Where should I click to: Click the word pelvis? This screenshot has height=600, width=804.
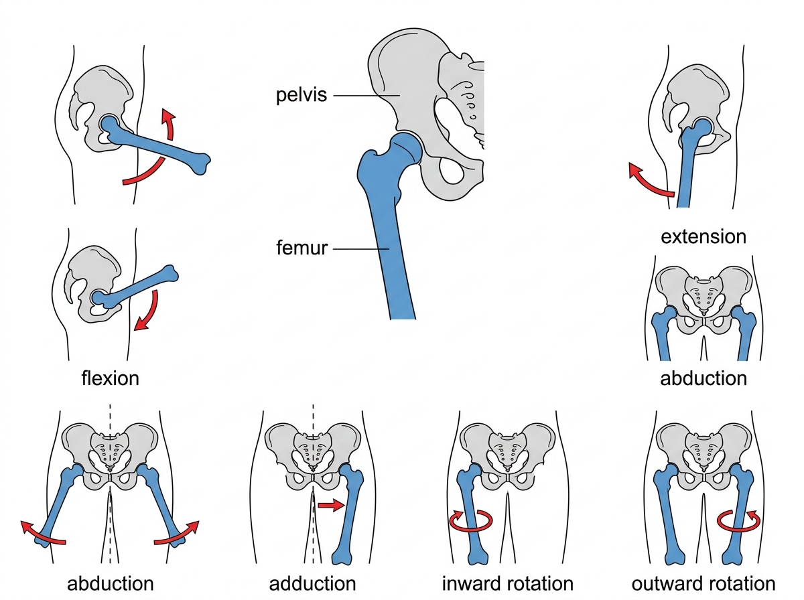(301, 96)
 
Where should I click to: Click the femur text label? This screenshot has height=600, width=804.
(301, 248)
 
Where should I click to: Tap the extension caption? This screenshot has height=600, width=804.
(703, 237)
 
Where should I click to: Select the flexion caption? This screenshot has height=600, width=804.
(111, 378)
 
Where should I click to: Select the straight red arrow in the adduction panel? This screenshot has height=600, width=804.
(331, 506)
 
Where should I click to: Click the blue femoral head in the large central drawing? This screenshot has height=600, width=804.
(405, 148)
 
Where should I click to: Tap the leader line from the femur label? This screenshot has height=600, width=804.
(360, 249)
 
